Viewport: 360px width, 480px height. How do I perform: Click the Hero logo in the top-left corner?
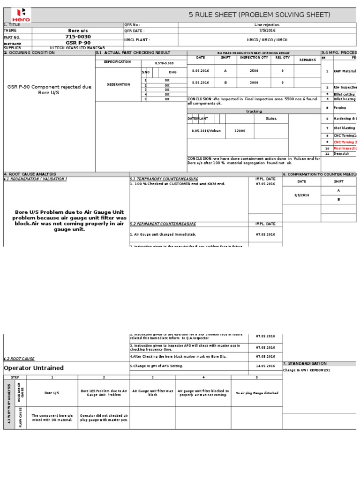[17, 15]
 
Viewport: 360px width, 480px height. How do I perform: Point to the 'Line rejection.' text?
[267, 25]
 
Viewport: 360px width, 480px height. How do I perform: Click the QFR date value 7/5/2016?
[267, 30]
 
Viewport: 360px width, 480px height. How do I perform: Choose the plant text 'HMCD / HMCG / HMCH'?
[267, 40]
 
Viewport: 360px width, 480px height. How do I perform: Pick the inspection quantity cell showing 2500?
[254, 71]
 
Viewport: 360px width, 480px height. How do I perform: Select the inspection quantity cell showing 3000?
[254, 82]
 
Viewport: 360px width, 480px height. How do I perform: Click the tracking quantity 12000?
[240, 131]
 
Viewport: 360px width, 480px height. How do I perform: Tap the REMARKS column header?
[307, 60]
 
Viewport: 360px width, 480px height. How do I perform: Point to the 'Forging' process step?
[340, 107]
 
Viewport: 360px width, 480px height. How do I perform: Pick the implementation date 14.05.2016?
[266, 366]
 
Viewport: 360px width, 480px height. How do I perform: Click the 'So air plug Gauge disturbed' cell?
[257, 393]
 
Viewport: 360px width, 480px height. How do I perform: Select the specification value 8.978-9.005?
[164, 62]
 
